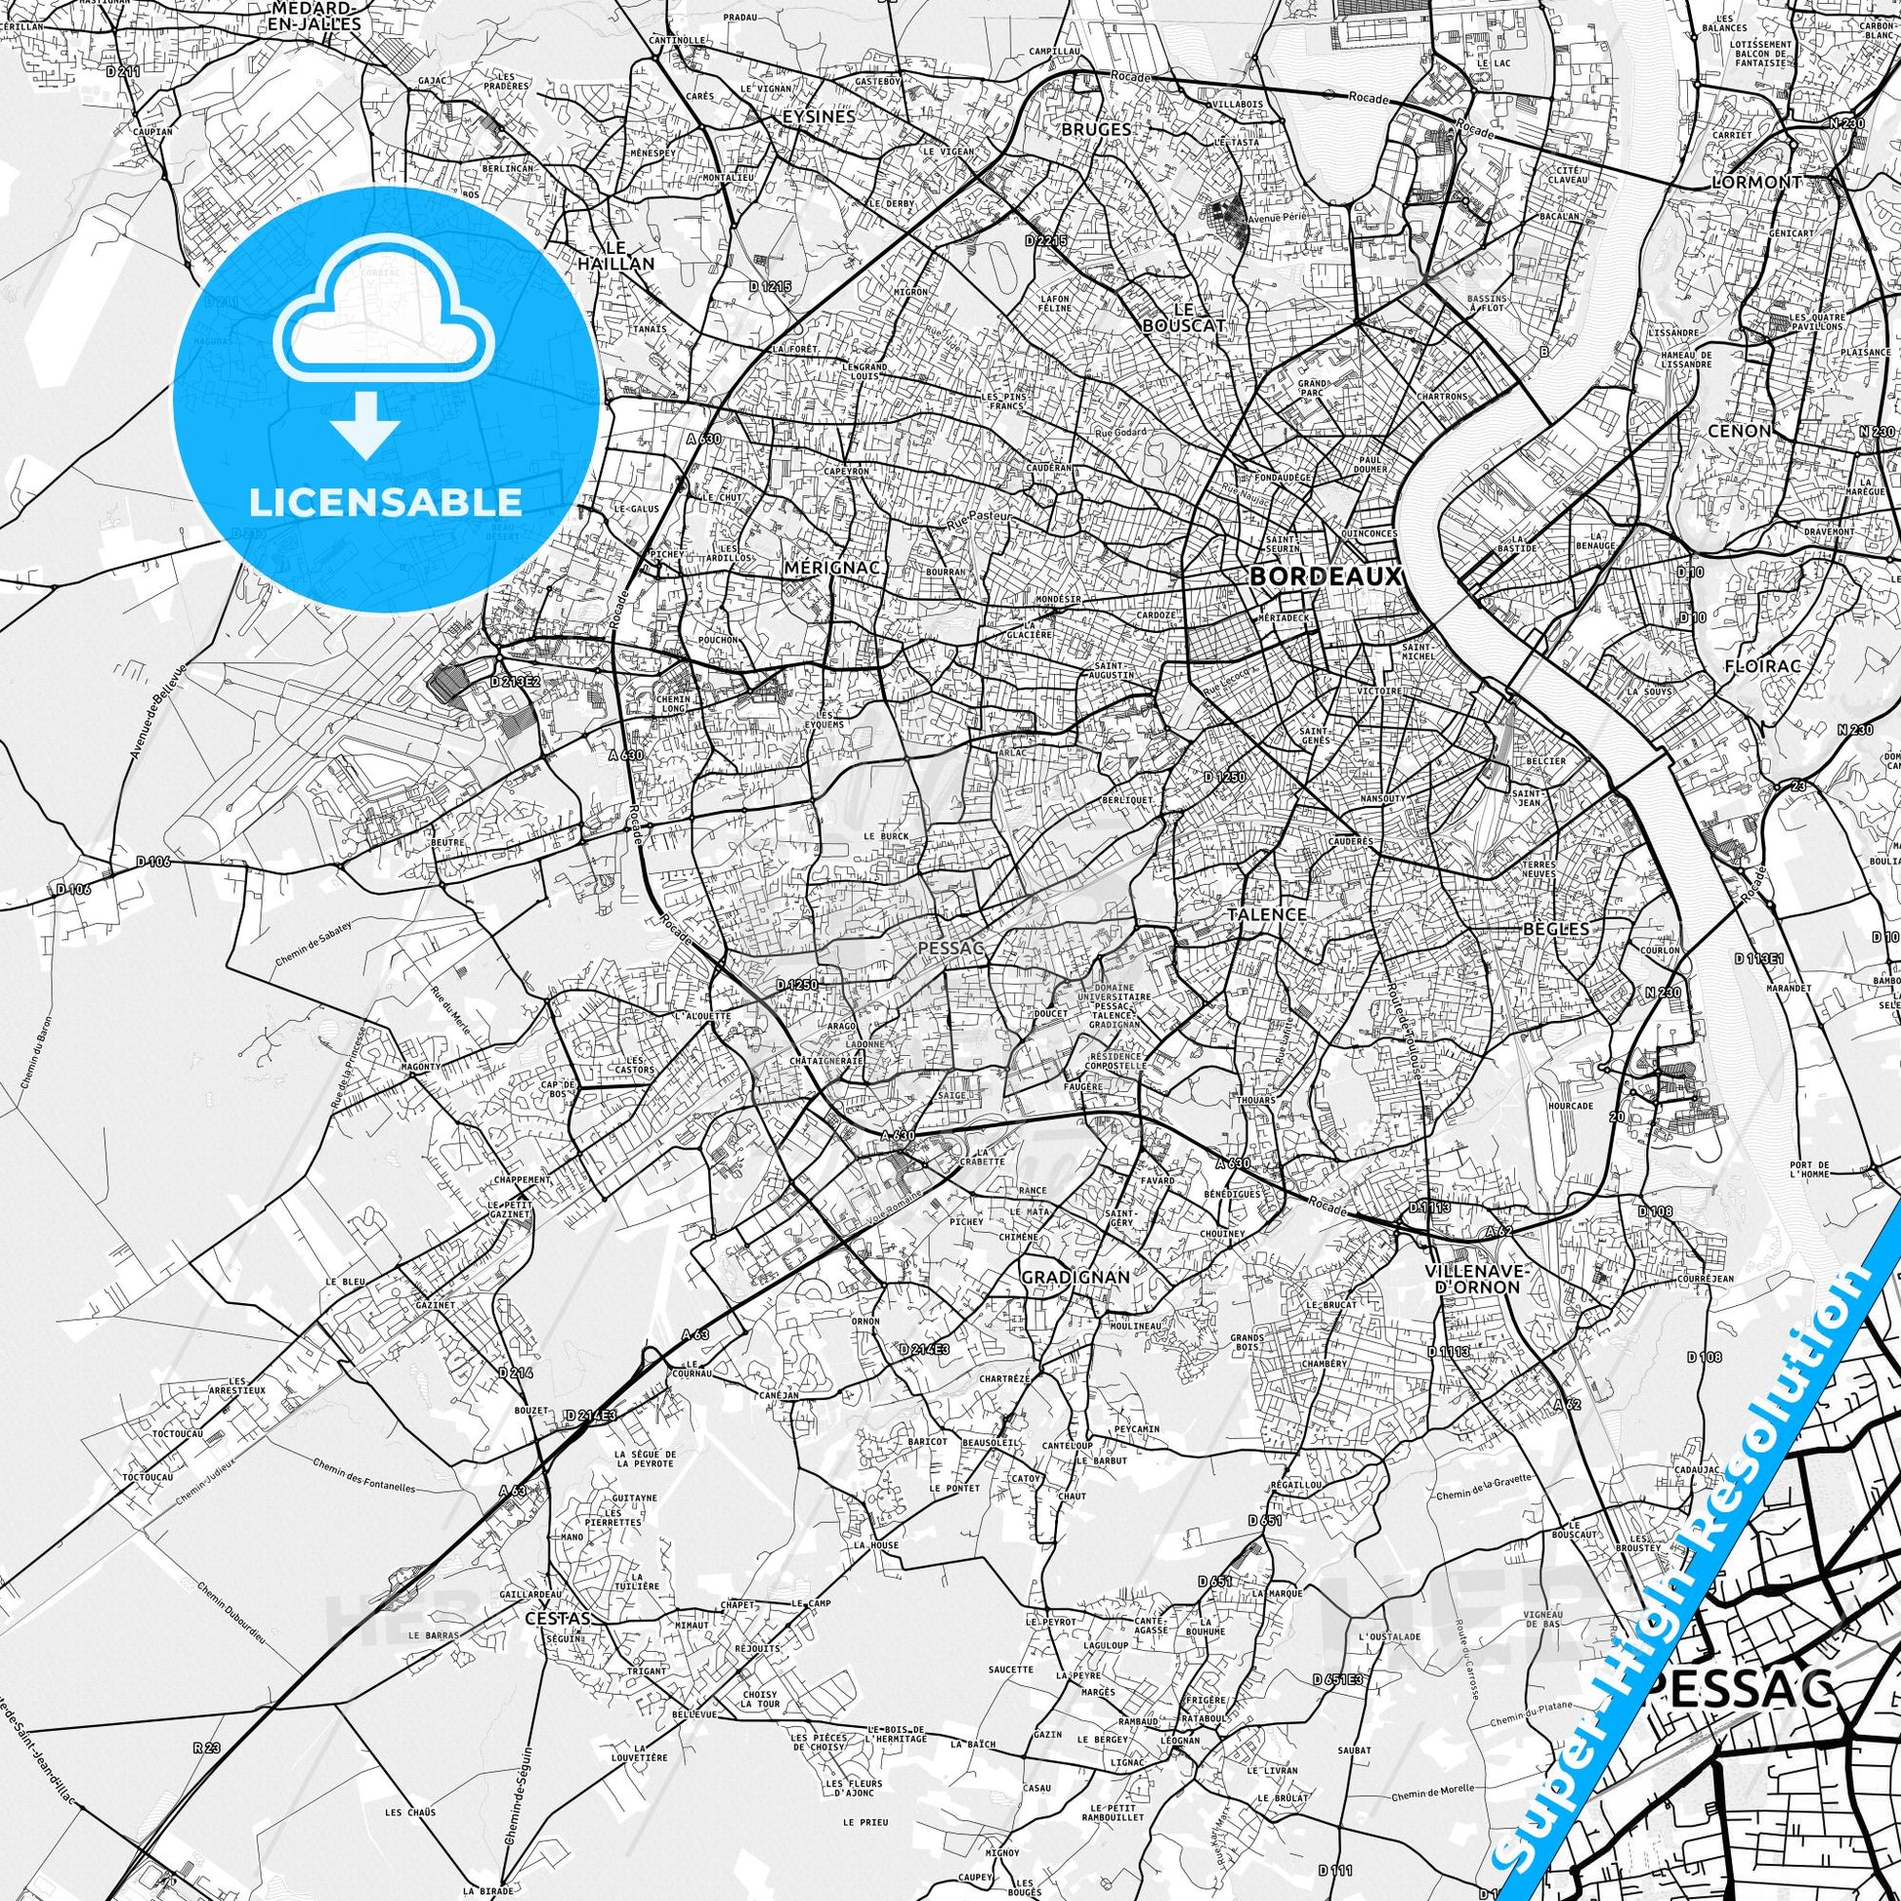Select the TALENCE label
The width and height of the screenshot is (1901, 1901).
coord(1266,914)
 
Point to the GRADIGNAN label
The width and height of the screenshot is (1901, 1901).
coord(1074,1276)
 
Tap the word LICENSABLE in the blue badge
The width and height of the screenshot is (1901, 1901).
coord(386,502)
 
